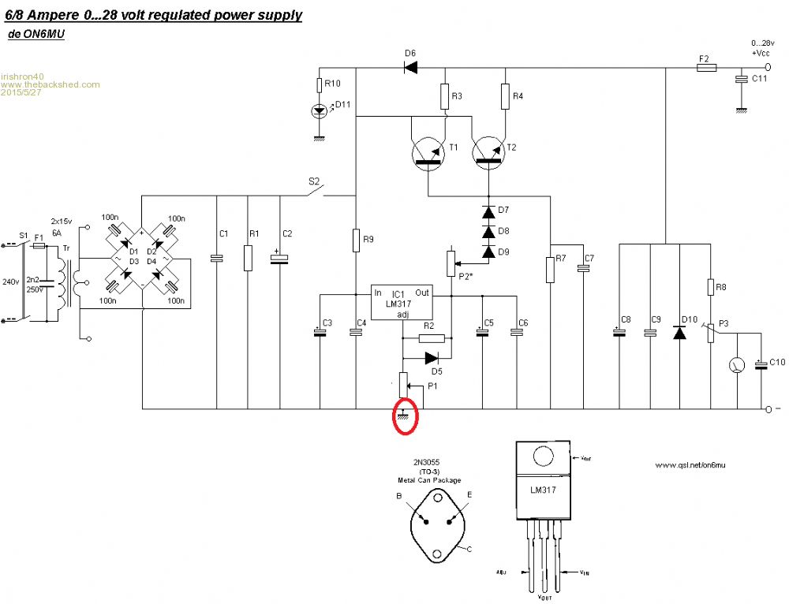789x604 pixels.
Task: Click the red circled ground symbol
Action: pyautogui.click(x=405, y=416)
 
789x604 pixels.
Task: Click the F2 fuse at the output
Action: pyautogui.click(x=706, y=68)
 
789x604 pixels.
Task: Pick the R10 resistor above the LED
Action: pyautogui.click(x=320, y=85)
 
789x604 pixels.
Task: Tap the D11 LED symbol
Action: pyautogui.click(x=320, y=111)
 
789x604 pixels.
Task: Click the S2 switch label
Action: pyautogui.click(x=313, y=181)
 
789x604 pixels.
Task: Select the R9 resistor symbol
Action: pyautogui.click(x=356, y=238)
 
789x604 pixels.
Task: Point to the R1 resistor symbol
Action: pyautogui.click(x=249, y=257)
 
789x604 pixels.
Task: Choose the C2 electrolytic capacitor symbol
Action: pyautogui.click(x=277, y=257)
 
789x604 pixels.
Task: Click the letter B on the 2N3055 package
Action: pyautogui.click(x=399, y=496)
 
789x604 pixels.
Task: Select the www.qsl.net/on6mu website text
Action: pyautogui.click(x=690, y=466)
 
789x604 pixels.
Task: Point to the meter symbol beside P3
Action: pyautogui.click(x=737, y=364)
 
